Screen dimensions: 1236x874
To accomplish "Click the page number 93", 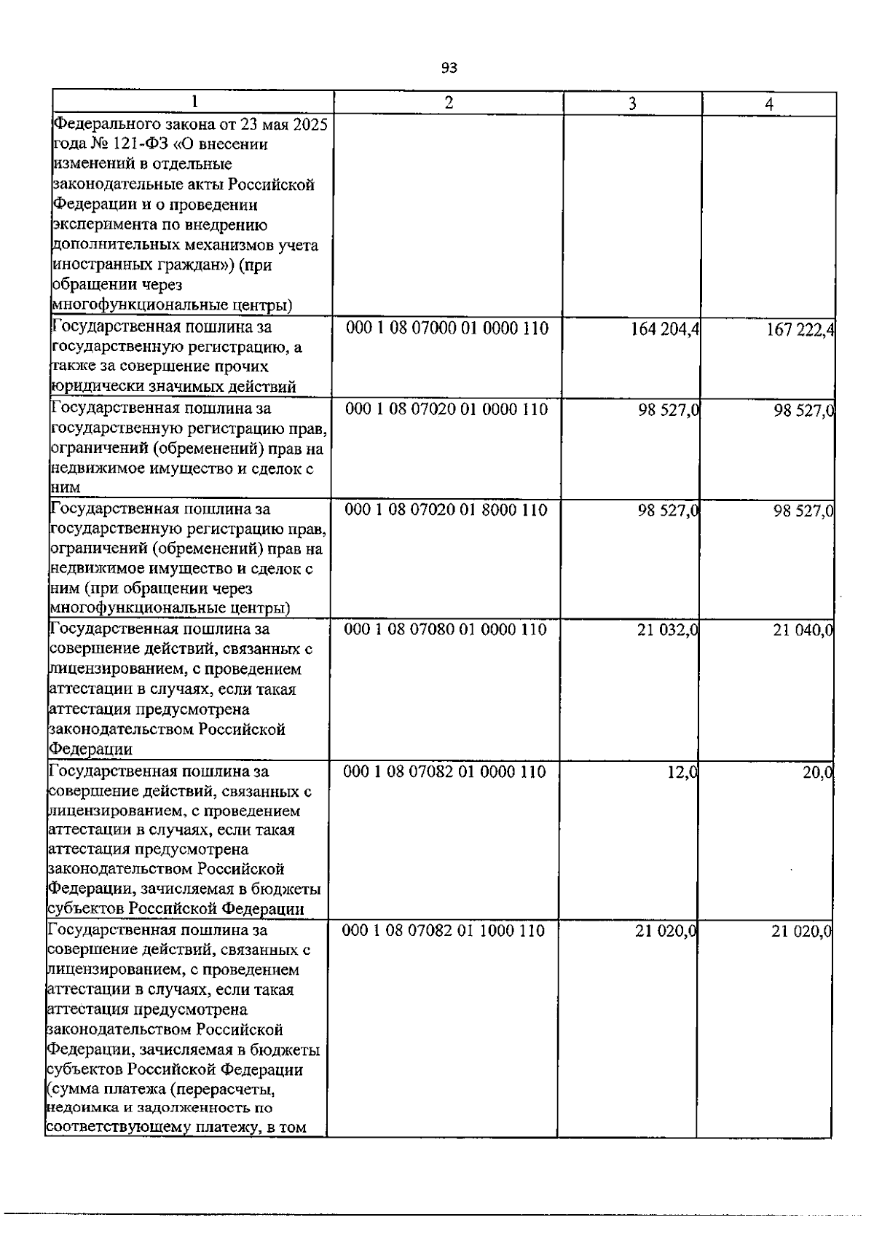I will coord(449,68).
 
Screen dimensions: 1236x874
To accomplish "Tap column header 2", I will coord(449,103).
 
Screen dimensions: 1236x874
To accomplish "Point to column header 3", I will coord(632,104).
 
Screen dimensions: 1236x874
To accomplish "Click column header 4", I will coord(769,105).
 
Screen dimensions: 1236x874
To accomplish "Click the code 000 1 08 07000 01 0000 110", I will coord(447,328).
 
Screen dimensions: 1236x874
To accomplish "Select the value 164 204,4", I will coord(665,330).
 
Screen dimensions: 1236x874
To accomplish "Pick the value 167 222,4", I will coord(800,331).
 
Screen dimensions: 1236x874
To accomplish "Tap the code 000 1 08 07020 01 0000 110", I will coord(446,409).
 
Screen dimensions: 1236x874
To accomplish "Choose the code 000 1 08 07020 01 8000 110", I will coord(446,510).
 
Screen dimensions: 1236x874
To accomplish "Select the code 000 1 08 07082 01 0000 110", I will coord(444,771).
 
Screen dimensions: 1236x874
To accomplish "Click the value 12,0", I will coord(683,772).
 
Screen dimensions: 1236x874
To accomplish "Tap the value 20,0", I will coord(817,773).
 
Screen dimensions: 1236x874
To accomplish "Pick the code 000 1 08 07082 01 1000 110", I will coord(444,930).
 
